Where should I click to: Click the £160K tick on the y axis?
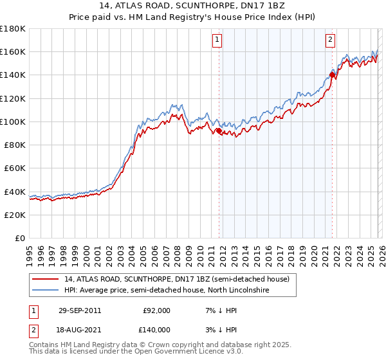[13, 51]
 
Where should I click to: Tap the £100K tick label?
[13, 122]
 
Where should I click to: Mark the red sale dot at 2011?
[219, 131]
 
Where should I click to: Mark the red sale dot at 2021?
[332, 75]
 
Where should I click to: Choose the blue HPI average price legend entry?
[166, 291]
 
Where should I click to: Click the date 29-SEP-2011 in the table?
[79, 310]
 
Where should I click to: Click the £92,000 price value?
[156, 310]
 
